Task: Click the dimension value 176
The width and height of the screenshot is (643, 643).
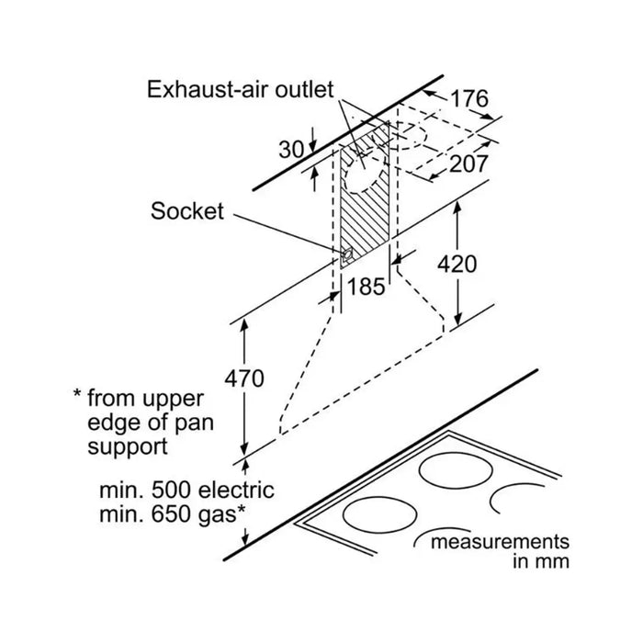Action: coord(469,98)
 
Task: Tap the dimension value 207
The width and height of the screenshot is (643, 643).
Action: coord(468,164)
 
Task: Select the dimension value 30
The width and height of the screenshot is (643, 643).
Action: coord(291,150)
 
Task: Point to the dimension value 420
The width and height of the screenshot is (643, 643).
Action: coord(457,264)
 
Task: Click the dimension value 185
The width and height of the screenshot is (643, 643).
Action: coord(367,287)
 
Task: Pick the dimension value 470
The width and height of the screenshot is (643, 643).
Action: coord(244,378)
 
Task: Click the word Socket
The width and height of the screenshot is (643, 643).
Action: coord(187,211)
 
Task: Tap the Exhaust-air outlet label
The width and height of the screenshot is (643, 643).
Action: coord(241,89)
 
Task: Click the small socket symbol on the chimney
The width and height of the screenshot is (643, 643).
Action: coord(346,255)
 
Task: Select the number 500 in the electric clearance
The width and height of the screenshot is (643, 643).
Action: coord(171,490)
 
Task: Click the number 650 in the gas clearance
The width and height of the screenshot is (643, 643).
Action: coord(171,514)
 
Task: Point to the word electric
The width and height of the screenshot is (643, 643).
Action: coord(236,490)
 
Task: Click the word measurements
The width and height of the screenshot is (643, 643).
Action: coord(500,542)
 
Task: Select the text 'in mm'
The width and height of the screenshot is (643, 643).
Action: coord(541,561)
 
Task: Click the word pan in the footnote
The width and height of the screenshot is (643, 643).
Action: coord(195,424)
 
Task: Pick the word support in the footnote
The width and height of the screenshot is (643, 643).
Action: coord(128,447)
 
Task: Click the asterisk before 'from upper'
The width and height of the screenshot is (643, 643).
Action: coord(77,394)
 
